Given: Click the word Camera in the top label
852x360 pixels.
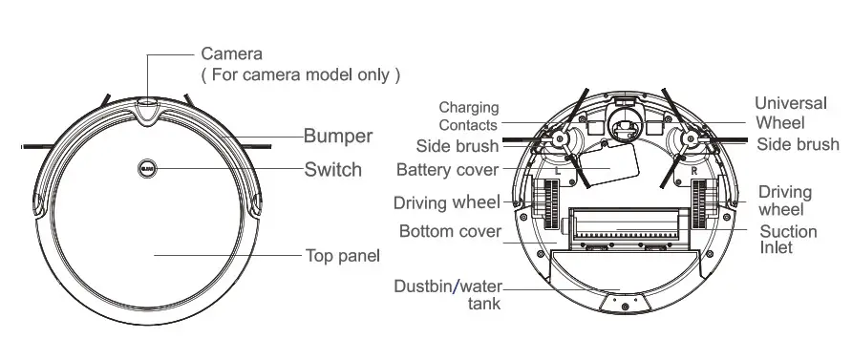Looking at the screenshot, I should [230, 53].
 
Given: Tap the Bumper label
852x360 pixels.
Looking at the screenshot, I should [338, 135].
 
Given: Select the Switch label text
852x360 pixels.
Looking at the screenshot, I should [332, 170].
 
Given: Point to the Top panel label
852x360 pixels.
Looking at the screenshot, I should [342, 255].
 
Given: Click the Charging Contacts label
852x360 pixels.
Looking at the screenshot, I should [468, 116].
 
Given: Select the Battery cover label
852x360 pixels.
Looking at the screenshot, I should [447, 170].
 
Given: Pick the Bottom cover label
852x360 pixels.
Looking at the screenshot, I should [449, 232].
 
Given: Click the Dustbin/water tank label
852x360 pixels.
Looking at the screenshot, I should [448, 295].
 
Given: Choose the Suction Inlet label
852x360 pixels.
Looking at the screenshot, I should [788, 240].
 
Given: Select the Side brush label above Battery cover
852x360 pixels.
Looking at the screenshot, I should [457, 146].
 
